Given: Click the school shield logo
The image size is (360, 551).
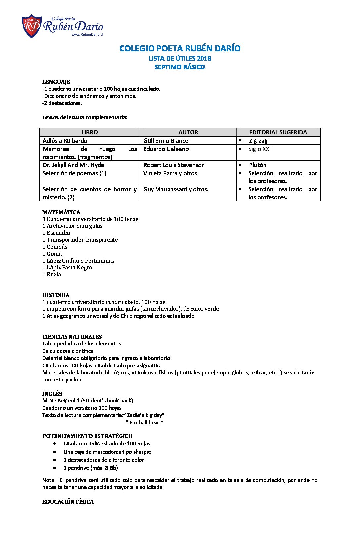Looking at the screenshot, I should point(31,26).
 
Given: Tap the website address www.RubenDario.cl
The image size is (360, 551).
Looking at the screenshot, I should point(87,35).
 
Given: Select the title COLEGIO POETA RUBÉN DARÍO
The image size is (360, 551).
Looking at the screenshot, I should point(180,48).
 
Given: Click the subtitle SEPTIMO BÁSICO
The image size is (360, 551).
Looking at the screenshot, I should point(180,67).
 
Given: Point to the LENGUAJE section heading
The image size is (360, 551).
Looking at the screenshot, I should point(56,82).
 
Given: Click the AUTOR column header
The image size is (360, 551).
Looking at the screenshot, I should point(188,132).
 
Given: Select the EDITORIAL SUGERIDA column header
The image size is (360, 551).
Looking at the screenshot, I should point(278,132).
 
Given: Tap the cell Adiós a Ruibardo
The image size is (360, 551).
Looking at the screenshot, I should point(65,141).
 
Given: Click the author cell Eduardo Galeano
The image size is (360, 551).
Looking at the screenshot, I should point(166,149).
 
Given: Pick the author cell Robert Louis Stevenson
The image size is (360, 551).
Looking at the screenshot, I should point(174,165).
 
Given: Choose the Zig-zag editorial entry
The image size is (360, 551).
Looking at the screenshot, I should point(258,141).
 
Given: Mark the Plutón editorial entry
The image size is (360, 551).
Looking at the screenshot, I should point(258,165).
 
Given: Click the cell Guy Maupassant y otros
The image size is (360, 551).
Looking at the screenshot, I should point(176,189).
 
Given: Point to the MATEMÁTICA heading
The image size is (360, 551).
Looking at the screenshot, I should point(61,212).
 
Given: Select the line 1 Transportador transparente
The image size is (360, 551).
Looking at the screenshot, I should point(80,240).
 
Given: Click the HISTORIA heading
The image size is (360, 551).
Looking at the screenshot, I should point(56,295).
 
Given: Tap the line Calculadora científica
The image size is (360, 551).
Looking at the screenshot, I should point(68,351).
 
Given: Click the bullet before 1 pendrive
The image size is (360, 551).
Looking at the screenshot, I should point(54,468).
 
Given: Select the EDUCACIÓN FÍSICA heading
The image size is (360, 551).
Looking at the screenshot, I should point(68,502).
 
